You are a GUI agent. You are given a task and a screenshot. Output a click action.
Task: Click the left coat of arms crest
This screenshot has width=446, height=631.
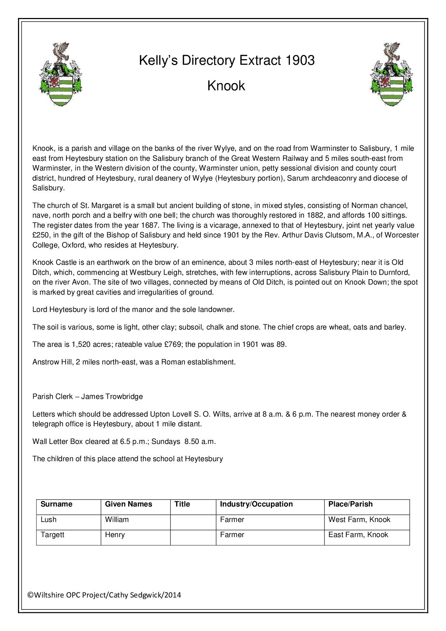pyautogui.click(x=60, y=74)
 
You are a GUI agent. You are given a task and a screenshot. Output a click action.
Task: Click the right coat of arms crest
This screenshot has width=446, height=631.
pyautogui.click(x=392, y=74)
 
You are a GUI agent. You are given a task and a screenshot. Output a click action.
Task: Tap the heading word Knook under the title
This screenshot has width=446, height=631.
pyautogui.click(x=226, y=86)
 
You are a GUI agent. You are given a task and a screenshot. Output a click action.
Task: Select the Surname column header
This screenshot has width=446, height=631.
pyautogui.click(x=56, y=504)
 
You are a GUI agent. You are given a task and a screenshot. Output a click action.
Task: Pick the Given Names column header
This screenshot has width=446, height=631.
pyautogui.click(x=128, y=504)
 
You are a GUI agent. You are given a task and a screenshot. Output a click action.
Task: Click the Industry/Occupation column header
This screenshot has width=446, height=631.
pyautogui.click(x=256, y=504)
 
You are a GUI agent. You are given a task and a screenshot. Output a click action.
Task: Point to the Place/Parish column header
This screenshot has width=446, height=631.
pyautogui.click(x=350, y=504)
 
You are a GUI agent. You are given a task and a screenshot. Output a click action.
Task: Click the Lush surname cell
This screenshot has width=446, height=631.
pyautogui.click(x=49, y=519)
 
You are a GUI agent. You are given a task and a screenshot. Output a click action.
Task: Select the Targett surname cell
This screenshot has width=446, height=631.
pyautogui.click(x=53, y=535)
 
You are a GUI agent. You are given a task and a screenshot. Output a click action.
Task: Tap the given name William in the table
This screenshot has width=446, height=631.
pyautogui.click(x=117, y=519)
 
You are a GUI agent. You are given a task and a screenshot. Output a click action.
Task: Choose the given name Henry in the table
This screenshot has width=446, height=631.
pyautogui.click(x=115, y=535)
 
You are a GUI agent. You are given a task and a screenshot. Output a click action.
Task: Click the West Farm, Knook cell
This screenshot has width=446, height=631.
pyautogui.click(x=359, y=519)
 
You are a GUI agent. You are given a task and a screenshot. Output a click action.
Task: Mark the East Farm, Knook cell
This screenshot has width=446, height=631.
pyautogui.click(x=358, y=535)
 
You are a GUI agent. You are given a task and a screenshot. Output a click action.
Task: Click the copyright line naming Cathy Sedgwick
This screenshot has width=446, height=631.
pyautogui.click(x=104, y=595)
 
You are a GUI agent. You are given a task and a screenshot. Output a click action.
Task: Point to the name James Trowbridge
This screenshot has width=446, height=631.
pyautogui.click(x=112, y=396)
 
